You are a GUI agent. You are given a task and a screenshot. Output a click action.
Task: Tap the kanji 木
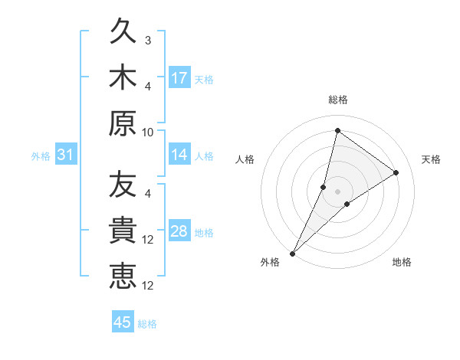(x=123, y=78)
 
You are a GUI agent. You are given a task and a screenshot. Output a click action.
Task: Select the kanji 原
(x=123, y=122)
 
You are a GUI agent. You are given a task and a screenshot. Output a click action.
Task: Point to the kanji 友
(x=123, y=185)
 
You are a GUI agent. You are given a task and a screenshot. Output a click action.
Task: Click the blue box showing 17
(x=179, y=78)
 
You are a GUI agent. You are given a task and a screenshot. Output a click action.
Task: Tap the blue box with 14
(x=179, y=155)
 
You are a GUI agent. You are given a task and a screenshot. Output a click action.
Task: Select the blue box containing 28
(x=179, y=232)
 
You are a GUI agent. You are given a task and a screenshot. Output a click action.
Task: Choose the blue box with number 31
(x=65, y=155)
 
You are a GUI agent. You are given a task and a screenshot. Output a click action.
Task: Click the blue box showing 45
(x=123, y=322)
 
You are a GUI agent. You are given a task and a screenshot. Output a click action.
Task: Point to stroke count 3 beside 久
(x=147, y=40)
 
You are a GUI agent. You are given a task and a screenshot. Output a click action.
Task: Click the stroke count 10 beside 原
(x=148, y=132)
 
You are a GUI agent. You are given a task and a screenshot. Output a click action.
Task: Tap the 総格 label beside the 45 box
(x=147, y=324)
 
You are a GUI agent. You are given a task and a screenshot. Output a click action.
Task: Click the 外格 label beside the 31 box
(x=41, y=156)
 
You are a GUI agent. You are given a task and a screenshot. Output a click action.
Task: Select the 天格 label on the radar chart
(x=431, y=159)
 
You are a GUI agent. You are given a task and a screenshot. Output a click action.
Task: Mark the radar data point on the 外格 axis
(x=292, y=253)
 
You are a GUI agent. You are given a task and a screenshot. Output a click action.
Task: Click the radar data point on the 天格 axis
(x=396, y=173)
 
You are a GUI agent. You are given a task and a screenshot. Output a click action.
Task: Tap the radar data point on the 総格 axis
(x=337, y=130)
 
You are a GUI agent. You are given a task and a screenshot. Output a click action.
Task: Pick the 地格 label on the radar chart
(x=402, y=263)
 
